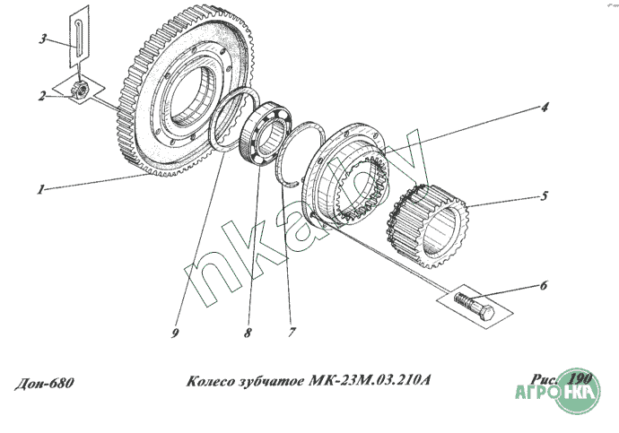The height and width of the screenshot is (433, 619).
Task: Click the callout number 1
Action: [40, 189]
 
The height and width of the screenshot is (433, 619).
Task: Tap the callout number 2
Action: [41, 96]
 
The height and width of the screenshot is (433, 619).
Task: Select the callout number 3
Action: [43, 39]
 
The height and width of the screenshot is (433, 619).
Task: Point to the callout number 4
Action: [545, 108]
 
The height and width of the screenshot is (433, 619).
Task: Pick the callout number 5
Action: [545, 195]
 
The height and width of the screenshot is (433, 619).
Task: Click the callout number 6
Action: [544, 285]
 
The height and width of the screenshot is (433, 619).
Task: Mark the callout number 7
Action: [292, 333]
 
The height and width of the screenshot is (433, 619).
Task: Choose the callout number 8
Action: [247, 333]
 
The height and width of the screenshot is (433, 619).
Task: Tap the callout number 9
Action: [175, 333]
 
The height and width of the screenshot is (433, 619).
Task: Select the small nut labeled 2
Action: [80, 90]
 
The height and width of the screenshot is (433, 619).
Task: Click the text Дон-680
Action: [44, 383]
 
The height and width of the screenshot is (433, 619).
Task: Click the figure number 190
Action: [580, 379]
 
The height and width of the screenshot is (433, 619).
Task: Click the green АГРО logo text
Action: [536, 393]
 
